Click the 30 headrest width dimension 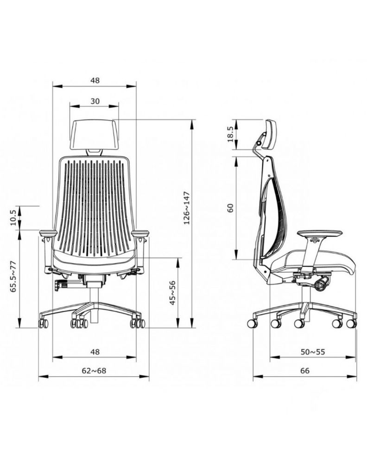tap(95, 101)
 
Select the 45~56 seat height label tap(172, 293)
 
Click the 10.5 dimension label tap(13, 218)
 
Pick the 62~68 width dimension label tap(94, 371)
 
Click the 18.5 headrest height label tap(230, 134)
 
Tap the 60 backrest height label tap(231, 208)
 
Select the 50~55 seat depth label tap(313, 352)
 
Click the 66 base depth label tap(305, 371)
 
